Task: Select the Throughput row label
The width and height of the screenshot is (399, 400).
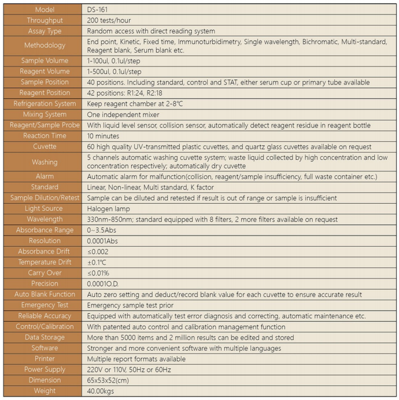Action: point(45,20)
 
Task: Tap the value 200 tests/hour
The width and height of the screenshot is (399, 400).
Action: point(109,20)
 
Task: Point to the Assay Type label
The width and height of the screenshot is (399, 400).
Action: point(45,31)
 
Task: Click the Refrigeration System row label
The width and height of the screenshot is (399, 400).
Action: point(45,104)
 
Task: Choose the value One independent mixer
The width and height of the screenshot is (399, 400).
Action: point(123,115)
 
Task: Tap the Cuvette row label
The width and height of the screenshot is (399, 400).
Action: point(45,146)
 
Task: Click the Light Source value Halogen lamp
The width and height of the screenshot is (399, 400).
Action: point(109,208)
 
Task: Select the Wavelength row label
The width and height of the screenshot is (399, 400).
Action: point(45,219)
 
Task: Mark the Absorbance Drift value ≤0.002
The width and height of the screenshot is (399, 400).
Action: point(98,252)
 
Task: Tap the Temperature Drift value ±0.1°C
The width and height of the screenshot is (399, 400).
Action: point(98,262)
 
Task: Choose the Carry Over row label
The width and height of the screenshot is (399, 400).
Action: point(45,273)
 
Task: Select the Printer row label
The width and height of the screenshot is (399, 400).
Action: point(45,359)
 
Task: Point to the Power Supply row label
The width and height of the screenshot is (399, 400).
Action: point(45,369)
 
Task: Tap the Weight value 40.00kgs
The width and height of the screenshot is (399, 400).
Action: point(101,391)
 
